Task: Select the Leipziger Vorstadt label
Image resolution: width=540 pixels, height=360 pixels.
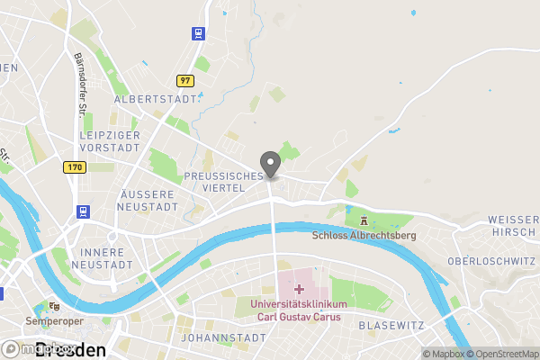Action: pyautogui.click(x=109, y=140)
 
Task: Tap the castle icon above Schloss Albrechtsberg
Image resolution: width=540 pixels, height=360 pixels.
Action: pyautogui.click(x=364, y=220)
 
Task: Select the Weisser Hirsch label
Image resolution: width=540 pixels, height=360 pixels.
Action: pyautogui.click(x=513, y=226)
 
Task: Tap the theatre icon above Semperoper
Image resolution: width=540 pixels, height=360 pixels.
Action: pyautogui.click(x=55, y=305)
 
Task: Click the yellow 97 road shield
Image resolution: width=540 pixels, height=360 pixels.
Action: pyautogui.click(x=186, y=81)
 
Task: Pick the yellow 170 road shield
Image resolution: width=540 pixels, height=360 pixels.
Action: pyautogui.click(x=74, y=167)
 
